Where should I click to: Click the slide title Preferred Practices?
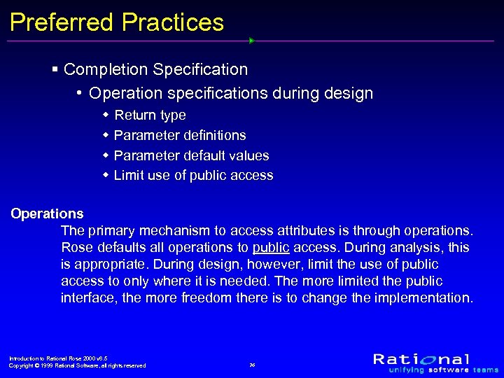(117, 22)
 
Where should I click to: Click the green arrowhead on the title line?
(251, 41)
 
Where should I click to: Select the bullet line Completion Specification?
(155, 70)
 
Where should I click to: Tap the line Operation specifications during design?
(231, 93)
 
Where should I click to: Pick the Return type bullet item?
(150, 115)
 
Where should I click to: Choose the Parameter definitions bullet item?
(180, 135)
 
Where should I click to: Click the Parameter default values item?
(191, 155)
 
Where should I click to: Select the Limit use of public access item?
(193, 176)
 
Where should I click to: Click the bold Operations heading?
(47, 214)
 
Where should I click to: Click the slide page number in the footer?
(252, 365)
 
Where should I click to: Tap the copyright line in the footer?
(77, 365)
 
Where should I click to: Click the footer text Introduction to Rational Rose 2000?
(57, 358)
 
